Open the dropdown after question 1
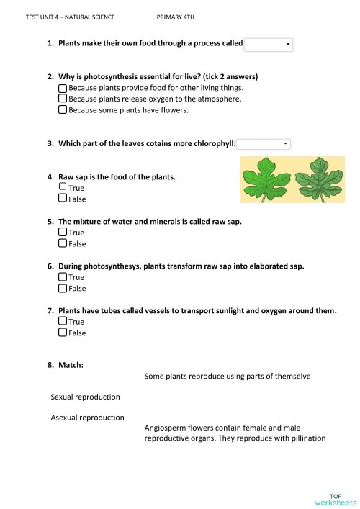click(x=269, y=45)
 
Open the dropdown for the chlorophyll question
click(x=264, y=144)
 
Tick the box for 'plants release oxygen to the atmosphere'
click(x=62, y=99)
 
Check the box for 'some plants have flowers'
click(x=62, y=110)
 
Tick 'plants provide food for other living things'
click(x=62, y=87)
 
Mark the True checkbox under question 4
click(x=62, y=187)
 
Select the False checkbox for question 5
click(x=62, y=244)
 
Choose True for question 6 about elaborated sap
click(x=62, y=277)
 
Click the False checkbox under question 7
click(x=62, y=333)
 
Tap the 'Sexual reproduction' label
click(x=85, y=397)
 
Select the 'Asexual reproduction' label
click(x=87, y=417)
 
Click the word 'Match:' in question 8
click(x=71, y=365)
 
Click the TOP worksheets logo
click(x=341, y=498)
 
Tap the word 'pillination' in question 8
click(x=307, y=438)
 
